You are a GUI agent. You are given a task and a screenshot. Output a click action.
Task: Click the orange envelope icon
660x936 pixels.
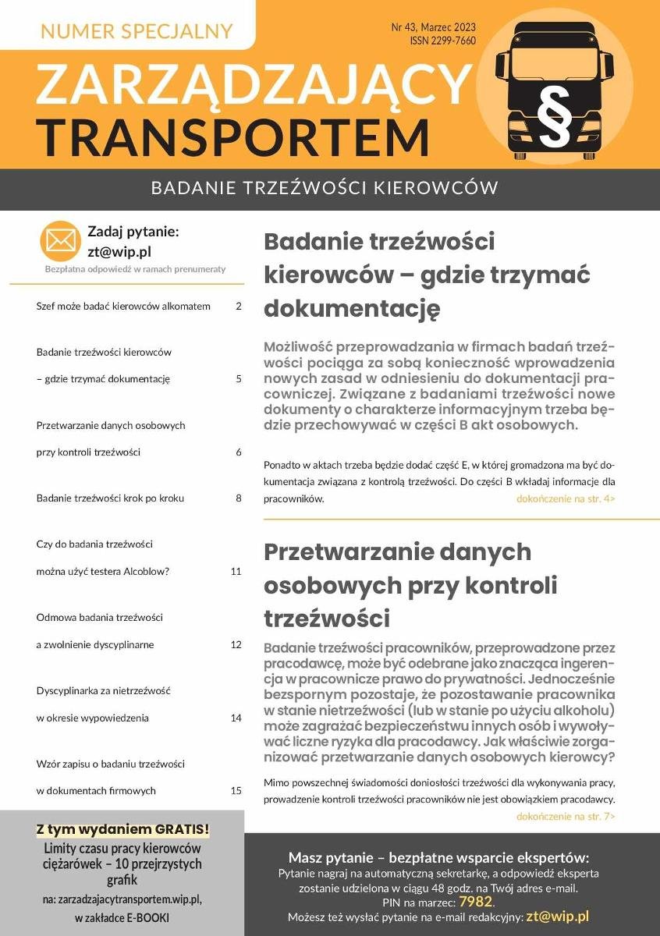click(x=61, y=241)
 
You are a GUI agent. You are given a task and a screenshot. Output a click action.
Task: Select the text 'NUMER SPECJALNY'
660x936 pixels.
click(x=137, y=31)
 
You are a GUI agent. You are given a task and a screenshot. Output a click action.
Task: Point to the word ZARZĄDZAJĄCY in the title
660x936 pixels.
click(x=254, y=83)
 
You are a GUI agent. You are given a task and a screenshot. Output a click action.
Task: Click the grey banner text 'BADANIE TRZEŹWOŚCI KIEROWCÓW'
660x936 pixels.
click(x=324, y=189)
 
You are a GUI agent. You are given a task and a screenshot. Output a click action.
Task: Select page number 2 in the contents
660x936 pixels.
click(x=238, y=307)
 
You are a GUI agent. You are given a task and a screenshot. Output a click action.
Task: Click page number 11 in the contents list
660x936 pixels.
click(x=236, y=571)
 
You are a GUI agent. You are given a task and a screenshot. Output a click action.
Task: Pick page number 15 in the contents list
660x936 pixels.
click(x=236, y=790)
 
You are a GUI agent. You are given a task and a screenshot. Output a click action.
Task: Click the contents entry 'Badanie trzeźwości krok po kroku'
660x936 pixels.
click(x=110, y=498)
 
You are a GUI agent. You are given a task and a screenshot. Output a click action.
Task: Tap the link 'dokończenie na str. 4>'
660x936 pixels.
click(x=566, y=498)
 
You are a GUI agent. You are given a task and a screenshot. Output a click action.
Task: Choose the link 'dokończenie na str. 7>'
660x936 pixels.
click(x=566, y=816)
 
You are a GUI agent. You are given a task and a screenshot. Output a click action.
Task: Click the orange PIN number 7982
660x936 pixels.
click(x=475, y=902)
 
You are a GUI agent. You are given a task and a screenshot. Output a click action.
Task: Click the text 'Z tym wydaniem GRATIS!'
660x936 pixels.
click(x=122, y=828)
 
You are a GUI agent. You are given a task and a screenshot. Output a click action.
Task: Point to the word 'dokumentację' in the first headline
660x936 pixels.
click(x=352, y=309)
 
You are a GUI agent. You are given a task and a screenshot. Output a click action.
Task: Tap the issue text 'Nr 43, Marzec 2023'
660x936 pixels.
click(x=433, y=27)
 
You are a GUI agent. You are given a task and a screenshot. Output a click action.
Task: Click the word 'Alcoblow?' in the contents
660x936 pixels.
click(x=147, y=571)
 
